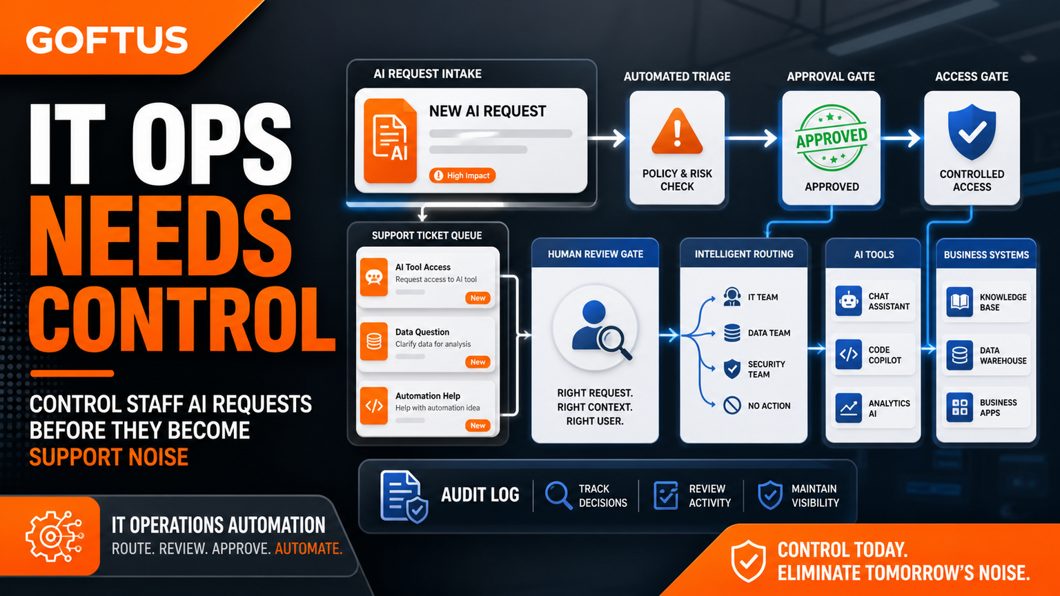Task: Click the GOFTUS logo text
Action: (106, 40)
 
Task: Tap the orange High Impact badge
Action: (462, 175)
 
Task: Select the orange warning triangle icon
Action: (677, 132)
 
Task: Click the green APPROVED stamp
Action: (832, 137)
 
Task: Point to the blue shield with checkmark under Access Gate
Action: (972, 132)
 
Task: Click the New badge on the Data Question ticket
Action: (478, 362)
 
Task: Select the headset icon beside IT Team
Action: (732, 297)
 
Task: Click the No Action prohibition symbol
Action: (732, 406)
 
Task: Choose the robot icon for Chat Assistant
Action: (848, 301)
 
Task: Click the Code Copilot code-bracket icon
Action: (848, 354)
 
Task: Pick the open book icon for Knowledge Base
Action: (959, 301)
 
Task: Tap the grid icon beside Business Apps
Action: (959, 407)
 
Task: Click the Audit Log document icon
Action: (404, 496)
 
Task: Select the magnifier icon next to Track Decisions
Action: (558, 495)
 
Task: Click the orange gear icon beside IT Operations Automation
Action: (55, 537)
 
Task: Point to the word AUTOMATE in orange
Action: (308, 548)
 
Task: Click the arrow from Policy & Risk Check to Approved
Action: (751, 138)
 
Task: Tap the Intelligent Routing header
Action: (744, 254)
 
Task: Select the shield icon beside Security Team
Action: (732, 369)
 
